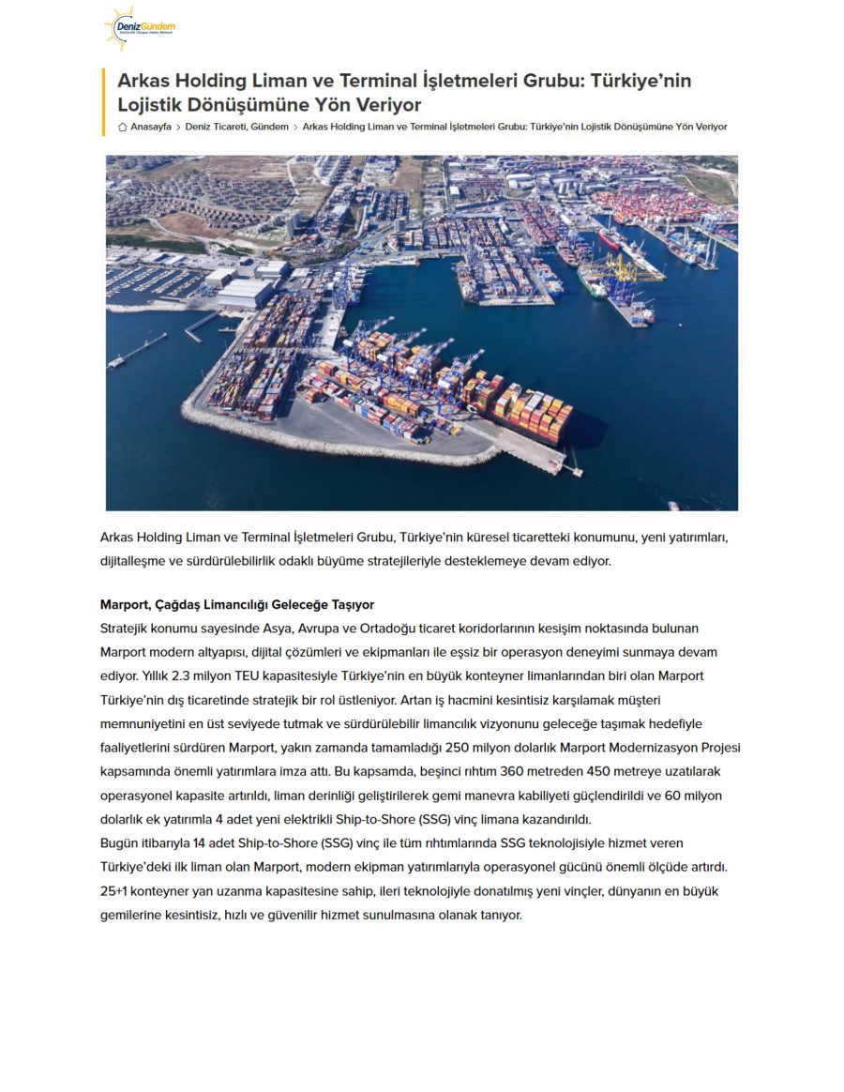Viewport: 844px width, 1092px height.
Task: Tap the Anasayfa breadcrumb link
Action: (x=151, y=127)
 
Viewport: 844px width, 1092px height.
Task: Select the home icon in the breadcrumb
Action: (x=123, y=127)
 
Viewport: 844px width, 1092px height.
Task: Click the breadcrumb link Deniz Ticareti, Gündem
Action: (x=236, y=127)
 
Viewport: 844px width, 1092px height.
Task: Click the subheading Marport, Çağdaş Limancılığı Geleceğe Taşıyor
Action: (x=236, y=604)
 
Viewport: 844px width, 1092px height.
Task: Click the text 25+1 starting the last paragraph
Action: (x=113, y=890)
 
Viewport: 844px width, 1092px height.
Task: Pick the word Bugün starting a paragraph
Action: (x=119, y=842)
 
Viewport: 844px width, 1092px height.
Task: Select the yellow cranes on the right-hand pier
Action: (x=614, y=272)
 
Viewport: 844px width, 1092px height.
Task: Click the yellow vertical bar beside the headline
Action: (x=103, y=101)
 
